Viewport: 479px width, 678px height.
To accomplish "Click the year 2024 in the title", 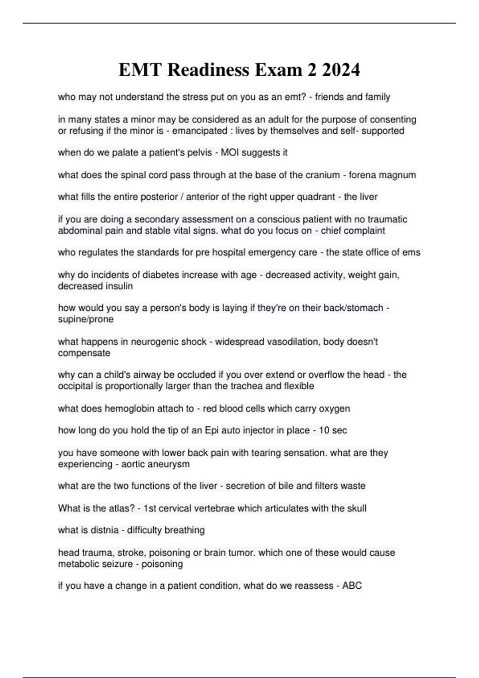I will [340, 70].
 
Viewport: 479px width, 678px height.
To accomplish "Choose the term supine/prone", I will [86, 319].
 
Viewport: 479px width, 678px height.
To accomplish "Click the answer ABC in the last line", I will [352, 586].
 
